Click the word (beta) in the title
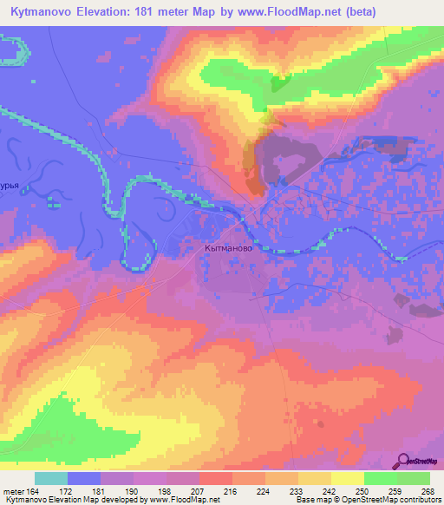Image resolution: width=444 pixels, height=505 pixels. click(413, 11)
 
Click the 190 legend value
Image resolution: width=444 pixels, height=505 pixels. click(133, 491)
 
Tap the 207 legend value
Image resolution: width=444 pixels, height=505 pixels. click(199, 491)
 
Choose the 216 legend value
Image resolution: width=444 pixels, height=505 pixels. click(232, 491)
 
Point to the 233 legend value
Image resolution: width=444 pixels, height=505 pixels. click(297, 491)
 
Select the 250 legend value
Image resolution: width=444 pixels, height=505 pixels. click(363, 491)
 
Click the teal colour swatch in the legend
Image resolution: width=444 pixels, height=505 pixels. click(51, 478)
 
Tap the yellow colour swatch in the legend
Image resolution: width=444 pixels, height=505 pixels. click(348, 478)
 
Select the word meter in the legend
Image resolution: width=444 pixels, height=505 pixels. click(12, 491)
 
